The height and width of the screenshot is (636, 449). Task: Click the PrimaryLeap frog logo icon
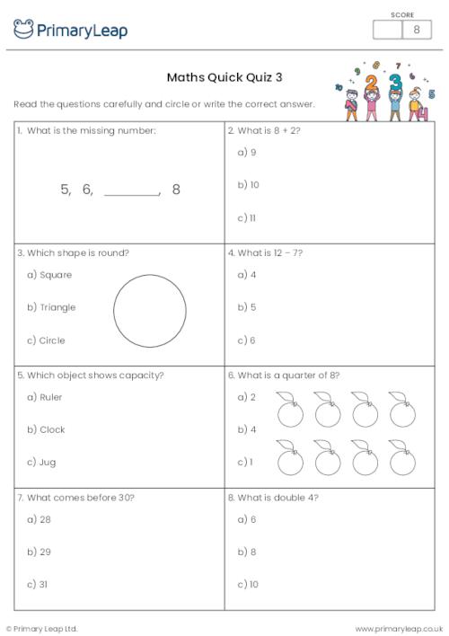point(23,30)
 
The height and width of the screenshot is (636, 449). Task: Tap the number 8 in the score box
point(416,30)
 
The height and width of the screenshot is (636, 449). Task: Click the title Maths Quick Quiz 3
point(224,77)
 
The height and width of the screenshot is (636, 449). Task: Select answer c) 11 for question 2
point(247,217)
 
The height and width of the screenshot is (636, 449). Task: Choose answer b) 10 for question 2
point(248,185)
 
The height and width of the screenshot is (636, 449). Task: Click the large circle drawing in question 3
point(150,311)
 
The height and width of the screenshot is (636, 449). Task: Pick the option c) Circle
point(46,340)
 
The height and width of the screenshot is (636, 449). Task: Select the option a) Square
point(49,275)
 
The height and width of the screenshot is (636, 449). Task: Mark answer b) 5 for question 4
point(247,307)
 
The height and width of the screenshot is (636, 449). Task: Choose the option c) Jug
point(42,462)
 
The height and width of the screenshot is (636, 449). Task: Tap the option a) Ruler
point(45,397)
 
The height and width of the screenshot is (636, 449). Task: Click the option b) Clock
point(46,429)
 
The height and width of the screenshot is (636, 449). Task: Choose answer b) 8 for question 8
point(247,552)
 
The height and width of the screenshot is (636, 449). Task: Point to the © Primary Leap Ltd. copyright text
point(42,628)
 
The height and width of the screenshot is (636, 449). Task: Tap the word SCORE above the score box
point(402,13)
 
